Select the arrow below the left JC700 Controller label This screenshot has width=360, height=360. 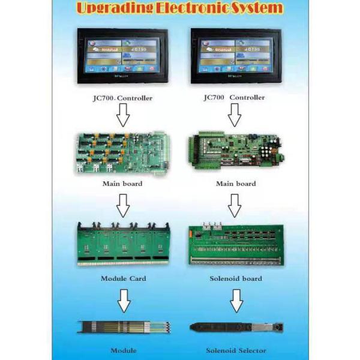122,115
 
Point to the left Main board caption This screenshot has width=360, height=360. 122,184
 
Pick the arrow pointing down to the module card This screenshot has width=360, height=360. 122,206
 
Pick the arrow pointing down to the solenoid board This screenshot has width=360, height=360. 235,206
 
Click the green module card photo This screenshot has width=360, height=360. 122,245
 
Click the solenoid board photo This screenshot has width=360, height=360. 235,245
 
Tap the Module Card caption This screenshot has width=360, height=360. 122,279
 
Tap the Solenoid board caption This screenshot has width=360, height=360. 235,279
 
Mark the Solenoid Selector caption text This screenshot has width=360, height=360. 236,350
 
